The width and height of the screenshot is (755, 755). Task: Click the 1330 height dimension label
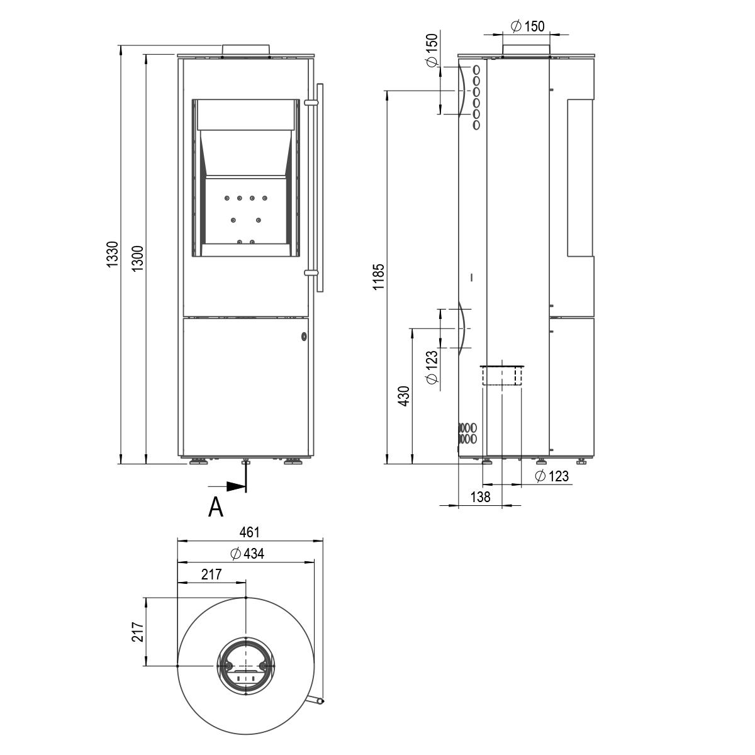pos(113,254)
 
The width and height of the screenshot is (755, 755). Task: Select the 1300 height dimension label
pos(137,259)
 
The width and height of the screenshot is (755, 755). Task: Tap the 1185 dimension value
pos(379,277)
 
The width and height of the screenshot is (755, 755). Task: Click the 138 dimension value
pos(480,497)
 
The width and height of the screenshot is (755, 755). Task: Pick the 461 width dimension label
pos(249,532)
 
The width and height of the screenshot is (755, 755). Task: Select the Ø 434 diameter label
pos(247,554)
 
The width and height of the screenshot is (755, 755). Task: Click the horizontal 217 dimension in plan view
pos(211,574)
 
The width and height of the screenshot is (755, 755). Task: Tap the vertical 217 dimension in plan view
pos(138,631)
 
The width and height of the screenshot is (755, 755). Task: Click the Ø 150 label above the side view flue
pos(528,26)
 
